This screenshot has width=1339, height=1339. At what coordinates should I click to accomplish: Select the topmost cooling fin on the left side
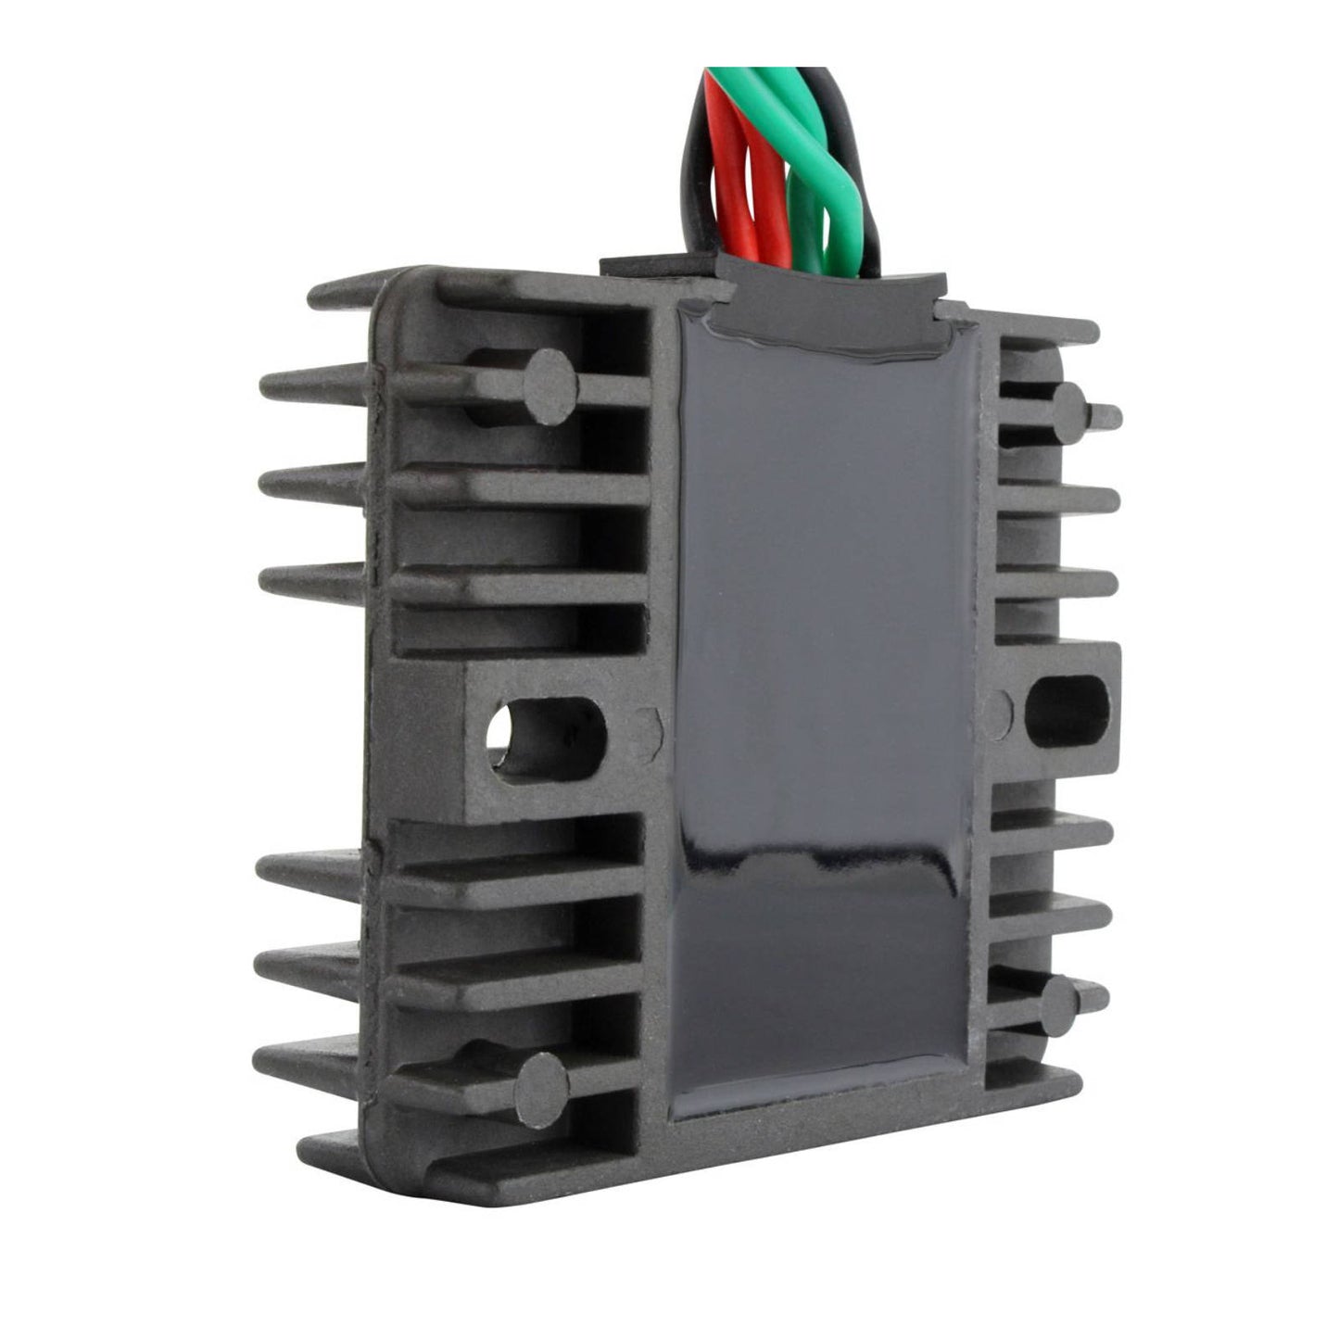[371, 295]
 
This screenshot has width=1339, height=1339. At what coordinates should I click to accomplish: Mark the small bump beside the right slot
[999, 709]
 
